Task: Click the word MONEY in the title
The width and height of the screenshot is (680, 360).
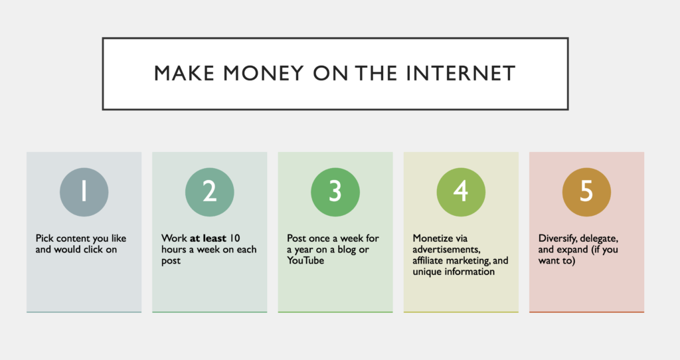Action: (263, 73)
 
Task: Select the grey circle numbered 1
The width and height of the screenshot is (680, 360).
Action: (84, 192)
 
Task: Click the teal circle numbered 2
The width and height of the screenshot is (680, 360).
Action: (209, 192)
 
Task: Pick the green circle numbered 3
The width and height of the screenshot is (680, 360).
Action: (335, 192)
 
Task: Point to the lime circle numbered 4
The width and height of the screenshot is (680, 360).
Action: (461, 192)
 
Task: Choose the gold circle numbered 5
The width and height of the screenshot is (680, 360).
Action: (587, 192)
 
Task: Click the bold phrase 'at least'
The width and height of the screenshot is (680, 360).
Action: (208, 238)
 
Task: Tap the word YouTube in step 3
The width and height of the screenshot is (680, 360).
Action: (305, 260)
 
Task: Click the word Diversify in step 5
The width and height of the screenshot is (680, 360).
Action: (557, 238)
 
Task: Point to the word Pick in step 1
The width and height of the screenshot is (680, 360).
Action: (44, 238)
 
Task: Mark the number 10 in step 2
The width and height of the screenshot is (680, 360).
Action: (234, 238)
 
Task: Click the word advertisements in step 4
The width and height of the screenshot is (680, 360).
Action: (446, 249)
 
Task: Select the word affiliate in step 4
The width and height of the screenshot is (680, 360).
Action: (430, 260)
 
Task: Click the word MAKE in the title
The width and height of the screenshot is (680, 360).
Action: (185, 73)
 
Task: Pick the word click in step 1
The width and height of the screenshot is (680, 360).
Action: (93, 249)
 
